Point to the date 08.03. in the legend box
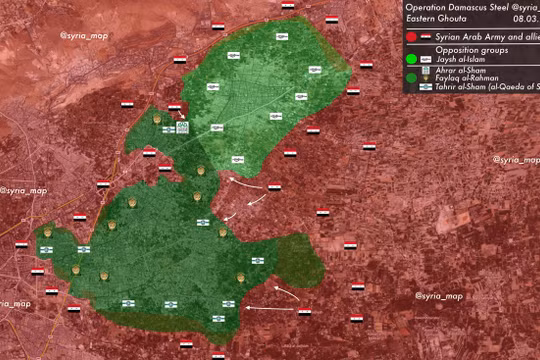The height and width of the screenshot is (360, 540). coord(522,19)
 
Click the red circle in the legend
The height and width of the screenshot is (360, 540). coord(411,37)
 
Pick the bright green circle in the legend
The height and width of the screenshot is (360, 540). coord(411,59)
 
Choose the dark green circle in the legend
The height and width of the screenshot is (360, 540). coord(411,77)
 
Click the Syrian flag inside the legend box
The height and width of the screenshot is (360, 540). coord(424,37)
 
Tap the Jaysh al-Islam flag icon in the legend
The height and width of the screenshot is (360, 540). coord(425,59)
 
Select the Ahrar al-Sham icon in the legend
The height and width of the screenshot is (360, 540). coord(425,69)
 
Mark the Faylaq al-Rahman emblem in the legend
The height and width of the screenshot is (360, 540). coord(425,78)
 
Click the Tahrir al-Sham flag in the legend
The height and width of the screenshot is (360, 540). coord(425,87)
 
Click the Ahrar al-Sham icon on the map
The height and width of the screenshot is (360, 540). coord(182,127)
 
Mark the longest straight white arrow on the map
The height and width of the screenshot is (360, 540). coord(272,308)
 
